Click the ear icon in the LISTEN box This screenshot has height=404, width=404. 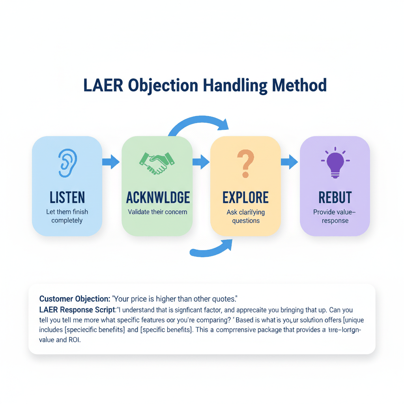[x=67, y=163]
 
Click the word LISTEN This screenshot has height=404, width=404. [x=67, y=197]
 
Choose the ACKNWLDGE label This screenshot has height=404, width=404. [x=158, y=197]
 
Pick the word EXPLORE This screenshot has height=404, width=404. [x=245, y=197]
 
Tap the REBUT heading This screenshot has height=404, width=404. [x=335, y=197]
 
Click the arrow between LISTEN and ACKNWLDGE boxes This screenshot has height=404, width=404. [x=111, y=162]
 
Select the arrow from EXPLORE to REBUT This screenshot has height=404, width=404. [x=290, y=162]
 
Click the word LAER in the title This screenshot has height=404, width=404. [x=102, y=86]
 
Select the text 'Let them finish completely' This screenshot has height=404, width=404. [x=67, y=216]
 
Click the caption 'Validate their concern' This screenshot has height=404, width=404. [x=157, y=212]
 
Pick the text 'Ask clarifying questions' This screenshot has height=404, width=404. [x=245, y=216]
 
